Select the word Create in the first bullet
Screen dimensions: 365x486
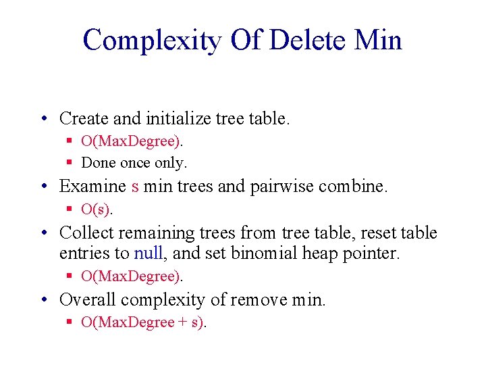pos(84,119)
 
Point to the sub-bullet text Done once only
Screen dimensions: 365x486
pos(134,163)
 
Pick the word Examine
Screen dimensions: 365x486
pos(92,186)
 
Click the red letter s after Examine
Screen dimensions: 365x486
pos(135,187)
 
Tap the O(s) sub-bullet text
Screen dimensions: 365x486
pos(97,210)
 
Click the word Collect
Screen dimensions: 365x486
pos(85,233)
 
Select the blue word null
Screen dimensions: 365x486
pos(148,253)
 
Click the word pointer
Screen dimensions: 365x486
pos(375,253)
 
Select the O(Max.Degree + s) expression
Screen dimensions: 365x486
pos(143,322)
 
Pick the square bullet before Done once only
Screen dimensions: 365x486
pos(70,163)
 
